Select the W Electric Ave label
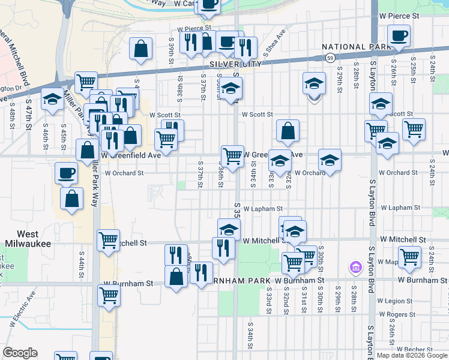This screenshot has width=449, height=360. coord(23,313)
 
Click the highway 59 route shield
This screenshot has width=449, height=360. coord(330,58)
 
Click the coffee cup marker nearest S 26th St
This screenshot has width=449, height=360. coord(399,36)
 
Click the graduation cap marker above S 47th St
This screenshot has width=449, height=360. coord(53,98)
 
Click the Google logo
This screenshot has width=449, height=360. coord(20,353)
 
